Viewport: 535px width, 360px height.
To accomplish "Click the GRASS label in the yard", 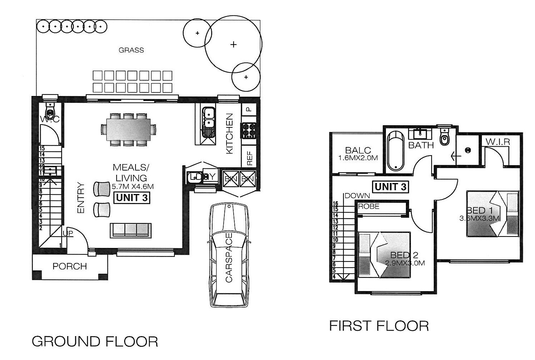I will [131, 50].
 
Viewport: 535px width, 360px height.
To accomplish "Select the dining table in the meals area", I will [128, 129].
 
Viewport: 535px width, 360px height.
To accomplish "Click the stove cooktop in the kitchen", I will [249, 130].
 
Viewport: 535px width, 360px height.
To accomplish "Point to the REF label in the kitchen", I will [249, 158].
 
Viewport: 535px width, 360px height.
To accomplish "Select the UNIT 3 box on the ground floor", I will [132, 198].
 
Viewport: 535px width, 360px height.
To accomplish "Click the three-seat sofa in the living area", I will [131, 230].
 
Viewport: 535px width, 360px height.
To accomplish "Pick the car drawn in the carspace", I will [229, 255].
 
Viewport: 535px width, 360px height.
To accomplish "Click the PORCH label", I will [70, 267].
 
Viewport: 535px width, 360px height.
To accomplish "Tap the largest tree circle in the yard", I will [233, 44].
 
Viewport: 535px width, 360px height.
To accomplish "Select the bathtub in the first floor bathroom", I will [395, 151].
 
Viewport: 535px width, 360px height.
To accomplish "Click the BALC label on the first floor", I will [358, 150].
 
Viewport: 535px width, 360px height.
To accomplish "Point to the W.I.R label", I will [498, 142].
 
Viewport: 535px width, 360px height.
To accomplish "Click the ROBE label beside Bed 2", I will [369, 207].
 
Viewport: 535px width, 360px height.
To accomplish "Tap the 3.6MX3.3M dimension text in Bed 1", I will [480, 219].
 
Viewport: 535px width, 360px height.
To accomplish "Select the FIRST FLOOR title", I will [379, 326].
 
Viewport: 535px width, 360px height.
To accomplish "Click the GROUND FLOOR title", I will [95, 341].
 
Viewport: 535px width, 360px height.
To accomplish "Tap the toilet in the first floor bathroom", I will [444, 137].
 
